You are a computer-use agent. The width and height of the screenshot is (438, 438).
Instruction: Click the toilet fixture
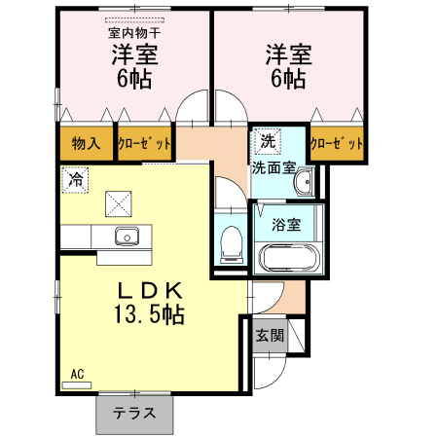pyautogui.click(x=232, y=244)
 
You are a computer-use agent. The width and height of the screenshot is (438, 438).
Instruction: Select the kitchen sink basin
pyautogui.click(x=128, y=236)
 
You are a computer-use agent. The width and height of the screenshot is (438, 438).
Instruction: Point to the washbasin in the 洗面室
pyautogui.click(x=305, y=182)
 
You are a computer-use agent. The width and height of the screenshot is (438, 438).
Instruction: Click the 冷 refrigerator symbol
pyautogui.click(x=75, y=180)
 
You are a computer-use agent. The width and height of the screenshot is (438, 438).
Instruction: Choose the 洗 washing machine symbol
pyautogui.click(x=268, y=141)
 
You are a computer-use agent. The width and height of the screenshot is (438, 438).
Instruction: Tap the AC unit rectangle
pyautogui.click(x=77, y=385)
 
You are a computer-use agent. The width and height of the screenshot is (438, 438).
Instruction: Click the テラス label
pyautogui.click(x=134, y=413)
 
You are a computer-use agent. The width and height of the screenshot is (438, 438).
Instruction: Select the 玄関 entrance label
pyautogui.click(x=270, y=336)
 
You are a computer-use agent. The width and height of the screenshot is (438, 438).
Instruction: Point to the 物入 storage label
pyautogui.click(x=86, y=143)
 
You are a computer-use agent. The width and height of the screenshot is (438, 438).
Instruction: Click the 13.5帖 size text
pyautogui.click(x=149, y=314)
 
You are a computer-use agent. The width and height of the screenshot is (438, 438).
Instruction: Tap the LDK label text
pyautogui.click(x=150, y=291)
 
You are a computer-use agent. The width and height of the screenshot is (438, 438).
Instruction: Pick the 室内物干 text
pyautogui.click(x=134, y=33)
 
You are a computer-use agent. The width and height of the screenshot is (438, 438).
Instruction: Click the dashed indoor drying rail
pyautogui.click(x=134, y=20)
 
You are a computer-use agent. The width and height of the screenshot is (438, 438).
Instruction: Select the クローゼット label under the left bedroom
pyautogui.click(x=144, y=143)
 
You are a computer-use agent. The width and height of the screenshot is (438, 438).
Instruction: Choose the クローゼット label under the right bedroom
pyautogui.click(x=337, y=143)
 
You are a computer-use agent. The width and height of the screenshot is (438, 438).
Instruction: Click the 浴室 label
pyautogui.click(x=286, y=225)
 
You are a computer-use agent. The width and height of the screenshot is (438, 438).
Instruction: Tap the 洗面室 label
pyautogui.click(x=274, y=167)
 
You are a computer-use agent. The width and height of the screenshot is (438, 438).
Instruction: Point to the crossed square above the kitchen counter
pyautogui.click(x=119, y=204)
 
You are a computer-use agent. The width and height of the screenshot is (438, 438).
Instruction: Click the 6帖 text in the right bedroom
pyautogui.click(x=288, y=79)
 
